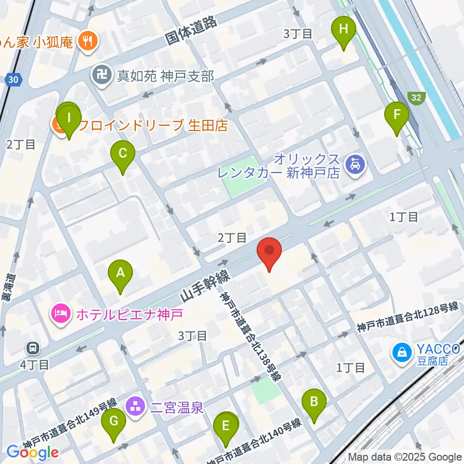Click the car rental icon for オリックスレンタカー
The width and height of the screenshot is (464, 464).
(355, 166)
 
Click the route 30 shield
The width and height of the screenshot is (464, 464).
(14, 78)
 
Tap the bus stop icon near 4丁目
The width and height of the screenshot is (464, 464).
(33, 348)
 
